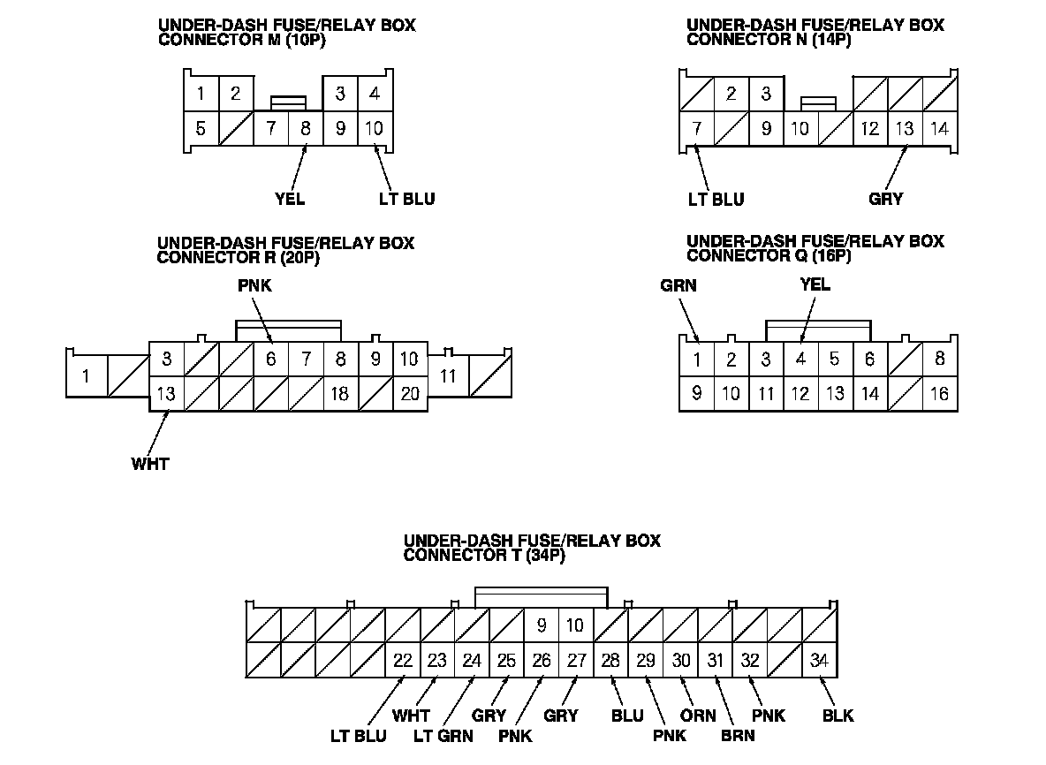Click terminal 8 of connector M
tap(306, 128)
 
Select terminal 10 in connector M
tap(375, 128)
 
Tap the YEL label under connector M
tap(290, 199)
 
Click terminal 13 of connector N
tap(905, 129)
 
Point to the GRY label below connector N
tap(886, 199)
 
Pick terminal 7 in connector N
tap(697, 129)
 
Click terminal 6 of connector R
tap(271, 360)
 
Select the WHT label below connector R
tap(150, 463)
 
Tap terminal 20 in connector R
tap(410, 394)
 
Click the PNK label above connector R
tap(254, 285)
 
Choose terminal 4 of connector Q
tap(800, 360)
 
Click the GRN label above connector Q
tap(678, 285)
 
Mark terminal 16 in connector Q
tap(940, 394)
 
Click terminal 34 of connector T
tap(819, 661)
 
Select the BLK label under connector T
tap(838, 716)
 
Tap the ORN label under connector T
tap(698, 716)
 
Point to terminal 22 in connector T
tap(403, 661)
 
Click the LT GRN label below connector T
tap(443, 736)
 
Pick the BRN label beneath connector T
tap(738, 736)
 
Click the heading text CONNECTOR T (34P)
tap(484, 556)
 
